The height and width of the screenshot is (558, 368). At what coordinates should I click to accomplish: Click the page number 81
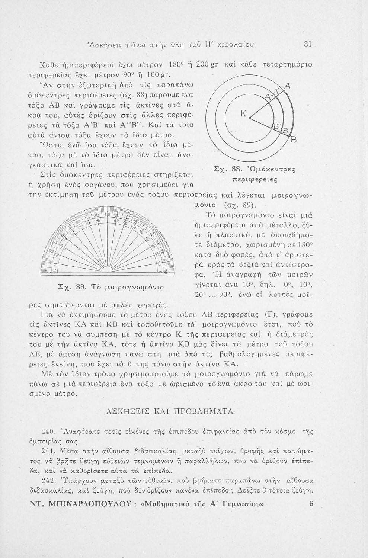307,44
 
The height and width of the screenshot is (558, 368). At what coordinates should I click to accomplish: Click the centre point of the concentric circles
250,119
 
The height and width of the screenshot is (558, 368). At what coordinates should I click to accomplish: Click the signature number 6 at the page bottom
311,504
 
